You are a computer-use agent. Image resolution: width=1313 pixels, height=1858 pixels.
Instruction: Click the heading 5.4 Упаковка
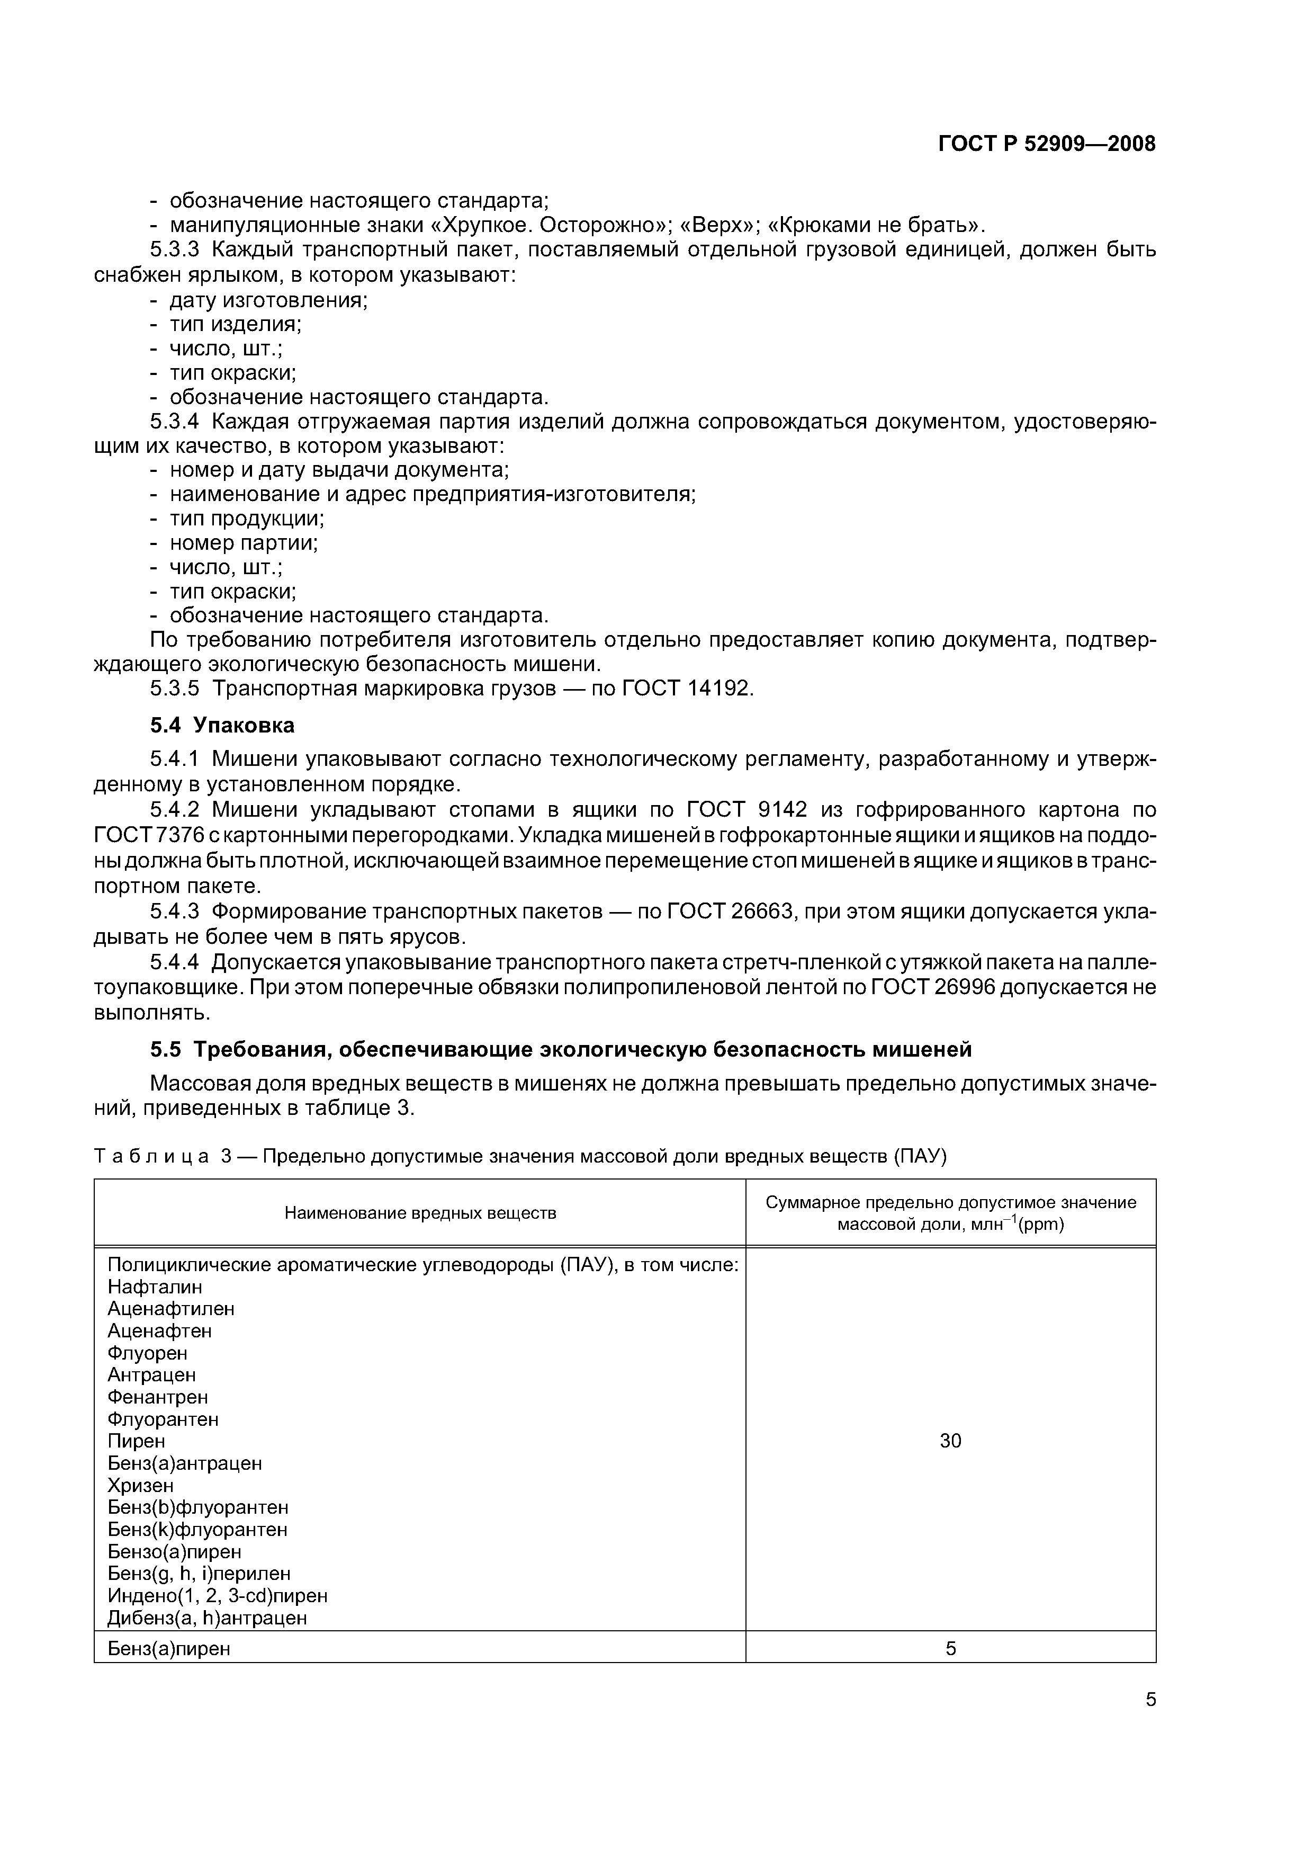222,725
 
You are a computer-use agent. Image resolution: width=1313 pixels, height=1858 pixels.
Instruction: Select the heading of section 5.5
561,1050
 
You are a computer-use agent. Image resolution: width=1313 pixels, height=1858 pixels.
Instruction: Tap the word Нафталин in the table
155,1287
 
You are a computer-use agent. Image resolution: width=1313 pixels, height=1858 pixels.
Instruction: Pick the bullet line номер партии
242,542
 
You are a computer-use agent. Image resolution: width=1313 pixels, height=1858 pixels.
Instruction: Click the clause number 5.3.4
175,422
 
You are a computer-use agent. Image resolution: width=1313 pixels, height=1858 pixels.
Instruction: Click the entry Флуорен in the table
147,1353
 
